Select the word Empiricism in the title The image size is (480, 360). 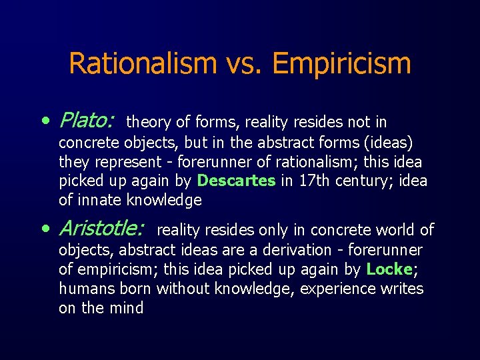[x=341, y=65]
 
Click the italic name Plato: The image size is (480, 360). [x=87, y=121]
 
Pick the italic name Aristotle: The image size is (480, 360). [x=101, y=229]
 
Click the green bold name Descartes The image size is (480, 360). [x=237, y=181]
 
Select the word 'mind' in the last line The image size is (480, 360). [x=128, y=308]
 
